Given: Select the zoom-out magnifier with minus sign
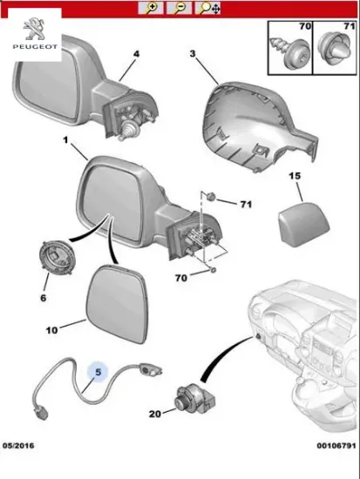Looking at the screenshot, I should (x=180, y=8).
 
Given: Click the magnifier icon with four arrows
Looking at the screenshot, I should (x=209, y=8).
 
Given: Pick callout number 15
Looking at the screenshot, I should (x=295, y=177).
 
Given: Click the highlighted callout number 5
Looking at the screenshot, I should (x=98, y=370).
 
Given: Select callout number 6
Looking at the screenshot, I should (x=44, y=296).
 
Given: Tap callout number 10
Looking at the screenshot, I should (x=52, y=330).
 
